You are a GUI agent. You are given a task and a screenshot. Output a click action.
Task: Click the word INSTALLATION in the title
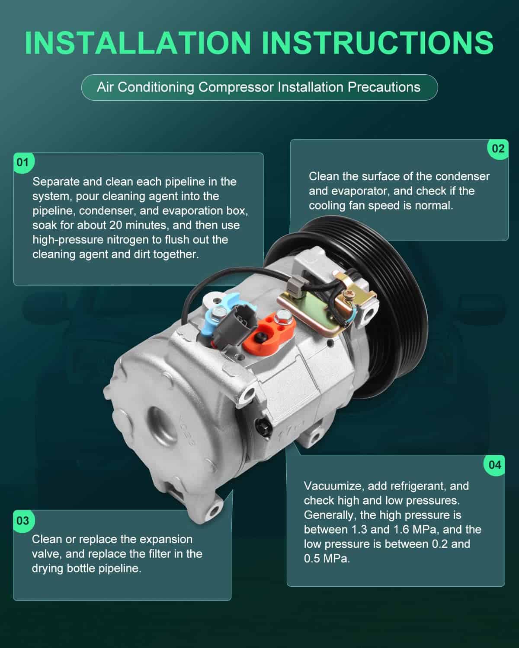(138, 43)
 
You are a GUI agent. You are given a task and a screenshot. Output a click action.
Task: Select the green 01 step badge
(23, 162)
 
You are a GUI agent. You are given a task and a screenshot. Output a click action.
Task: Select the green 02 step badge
(498, 149)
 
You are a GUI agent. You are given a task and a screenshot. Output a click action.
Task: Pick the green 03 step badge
(23, 521)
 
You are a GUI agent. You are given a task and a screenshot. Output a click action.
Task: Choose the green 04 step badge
(495, 465)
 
